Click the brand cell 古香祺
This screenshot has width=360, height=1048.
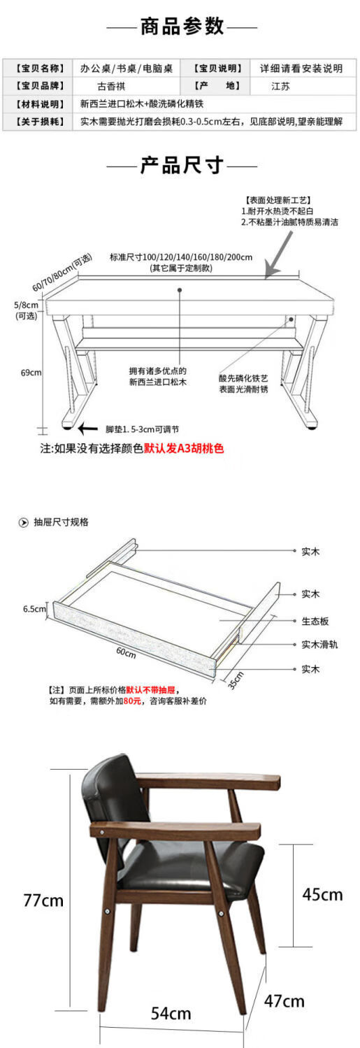pos(111,86)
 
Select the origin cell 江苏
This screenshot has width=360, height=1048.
pos(280,86)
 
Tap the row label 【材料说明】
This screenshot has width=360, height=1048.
pos(40,104)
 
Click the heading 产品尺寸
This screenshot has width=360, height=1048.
pos(182,165)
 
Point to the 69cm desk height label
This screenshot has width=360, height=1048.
pos(31,373)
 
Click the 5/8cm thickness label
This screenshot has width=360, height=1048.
pos(26,305)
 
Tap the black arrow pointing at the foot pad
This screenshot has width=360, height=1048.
pos(88,428)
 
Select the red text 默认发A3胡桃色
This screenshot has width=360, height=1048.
pos(184,448)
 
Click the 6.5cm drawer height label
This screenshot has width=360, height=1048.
pos(34,609)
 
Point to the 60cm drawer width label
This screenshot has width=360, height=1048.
pos(127,652)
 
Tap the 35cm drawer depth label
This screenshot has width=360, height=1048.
pos(236,680)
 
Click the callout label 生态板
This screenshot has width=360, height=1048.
pos(315,621)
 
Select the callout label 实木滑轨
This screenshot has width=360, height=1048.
pos(319,644)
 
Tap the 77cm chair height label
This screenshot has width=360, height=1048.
pos(43,900)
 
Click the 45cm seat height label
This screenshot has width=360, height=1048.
pos(322,894)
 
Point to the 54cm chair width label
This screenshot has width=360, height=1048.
pos(171,1013)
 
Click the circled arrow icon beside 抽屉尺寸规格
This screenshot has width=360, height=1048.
pos(23,522)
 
